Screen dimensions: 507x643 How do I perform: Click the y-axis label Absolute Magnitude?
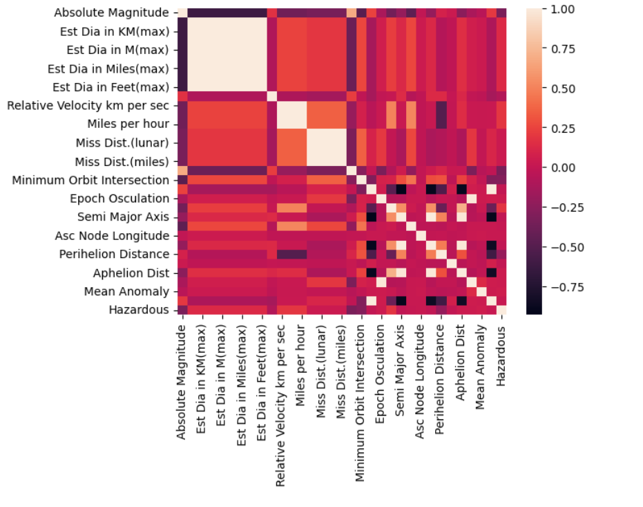(111, 12)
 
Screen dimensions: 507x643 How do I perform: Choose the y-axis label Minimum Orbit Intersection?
(90, 181)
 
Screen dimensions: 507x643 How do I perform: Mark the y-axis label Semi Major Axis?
(122, 217)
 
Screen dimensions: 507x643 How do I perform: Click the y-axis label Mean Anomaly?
(126, 291)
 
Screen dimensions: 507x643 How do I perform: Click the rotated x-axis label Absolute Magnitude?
(182, 382)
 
